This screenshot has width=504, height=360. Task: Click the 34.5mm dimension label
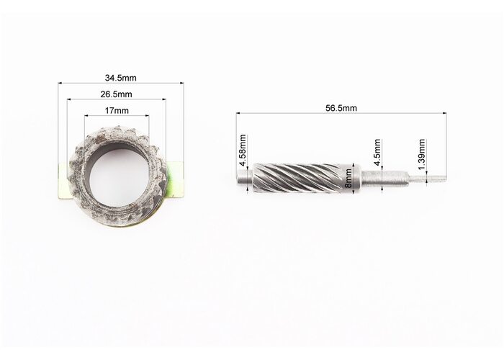(120, 78)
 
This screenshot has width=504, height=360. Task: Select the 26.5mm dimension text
(116, 94)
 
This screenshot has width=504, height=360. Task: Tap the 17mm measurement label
(117, 111)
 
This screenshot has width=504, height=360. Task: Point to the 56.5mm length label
(341, 108)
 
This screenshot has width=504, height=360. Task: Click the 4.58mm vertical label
(243, 150)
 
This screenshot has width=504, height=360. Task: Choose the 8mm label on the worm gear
(348, 179)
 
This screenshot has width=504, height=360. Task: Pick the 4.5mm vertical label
(378, 152)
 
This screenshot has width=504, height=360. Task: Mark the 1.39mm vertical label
(422, 154)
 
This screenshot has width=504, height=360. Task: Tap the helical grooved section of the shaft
(302, 178)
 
